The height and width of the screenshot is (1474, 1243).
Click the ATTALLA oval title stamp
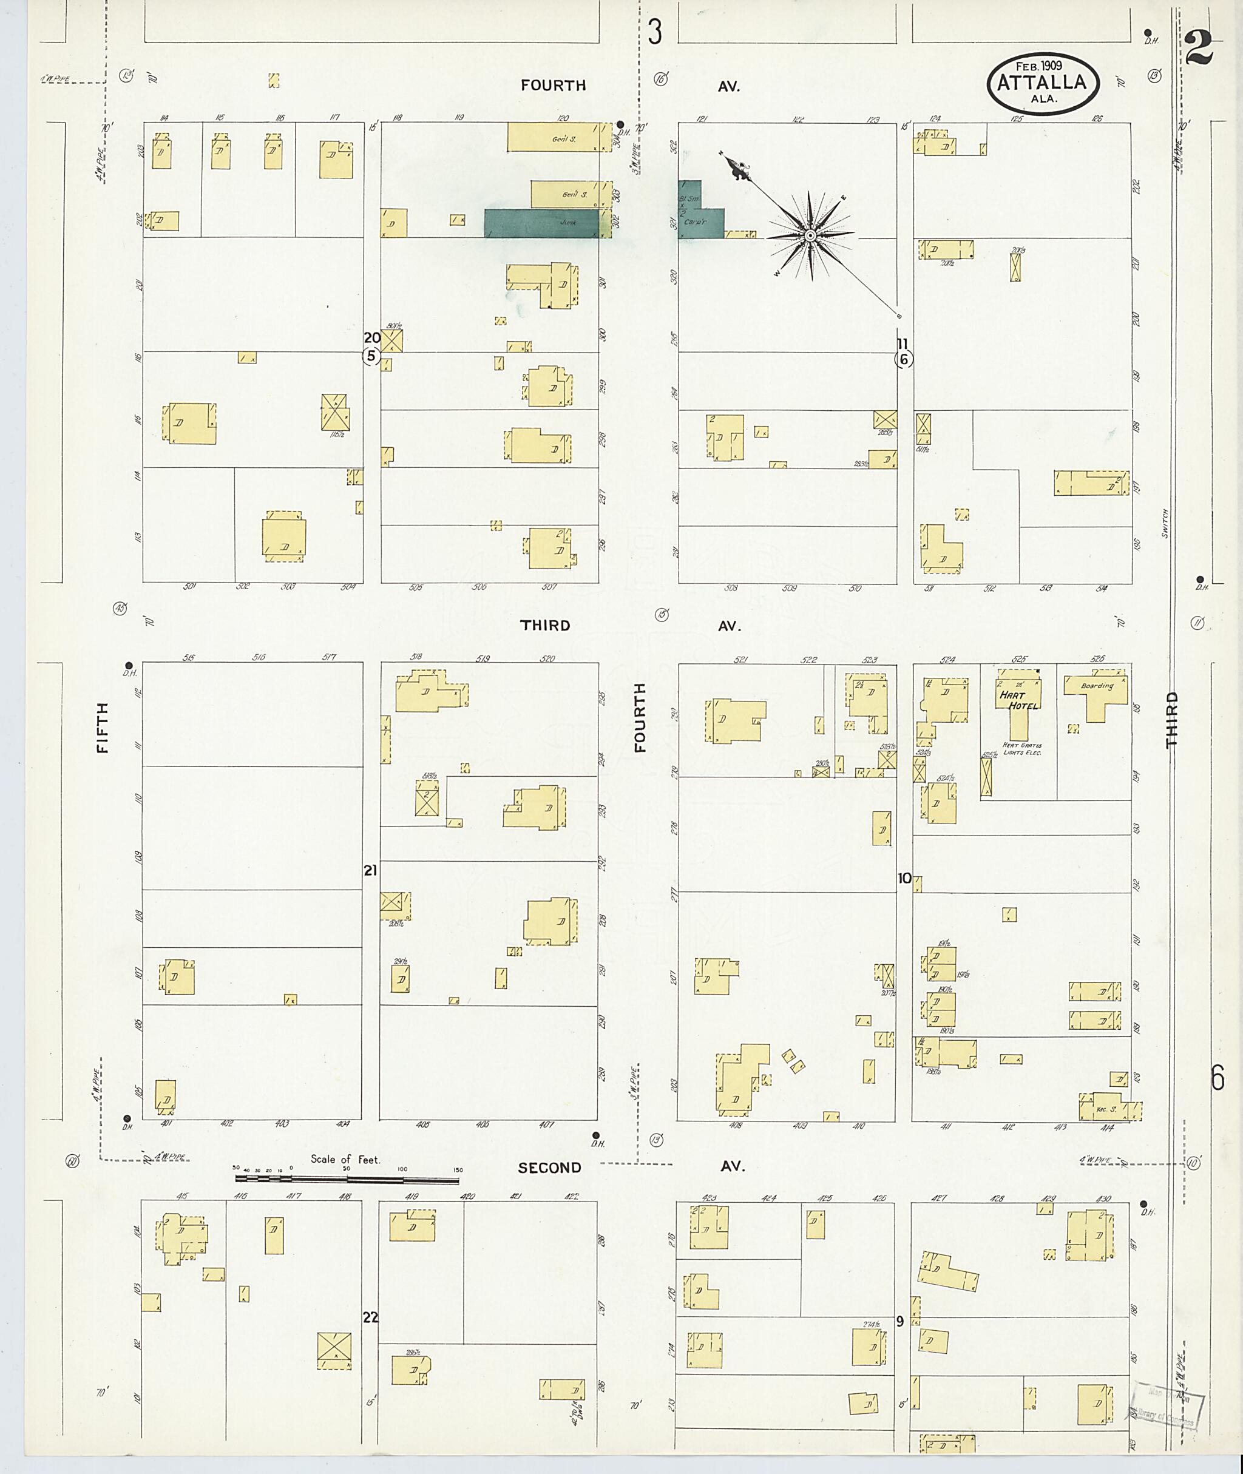click(1042, 83)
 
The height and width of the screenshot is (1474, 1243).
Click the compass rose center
click(810, 235)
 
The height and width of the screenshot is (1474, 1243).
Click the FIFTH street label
click(103, 727)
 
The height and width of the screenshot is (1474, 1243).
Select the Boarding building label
click(1097, 686)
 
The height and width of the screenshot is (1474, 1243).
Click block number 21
click(371, 871)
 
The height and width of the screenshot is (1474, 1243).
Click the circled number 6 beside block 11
click(903, 359)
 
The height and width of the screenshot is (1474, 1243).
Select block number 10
click(904, 878)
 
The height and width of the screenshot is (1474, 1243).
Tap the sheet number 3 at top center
click(655, 32)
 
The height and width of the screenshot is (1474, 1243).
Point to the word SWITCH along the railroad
click(1165, 523)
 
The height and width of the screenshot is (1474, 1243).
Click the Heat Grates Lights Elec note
click(1021, 749)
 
